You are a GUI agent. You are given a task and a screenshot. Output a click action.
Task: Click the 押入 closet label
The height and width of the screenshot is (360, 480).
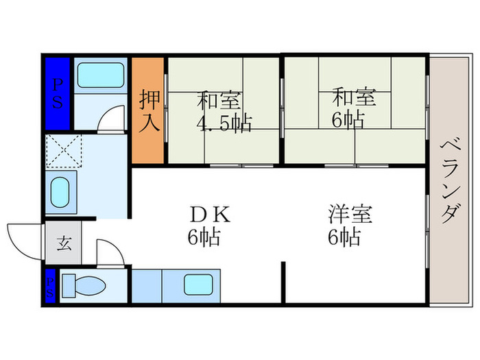tap(152, 111)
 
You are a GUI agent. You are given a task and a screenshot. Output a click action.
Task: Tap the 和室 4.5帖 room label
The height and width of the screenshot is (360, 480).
tap(224, 112)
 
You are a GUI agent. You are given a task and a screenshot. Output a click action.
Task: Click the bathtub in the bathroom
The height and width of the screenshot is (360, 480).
tap(99, 75)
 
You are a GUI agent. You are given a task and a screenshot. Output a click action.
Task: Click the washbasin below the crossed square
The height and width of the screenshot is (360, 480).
tap(60, 193)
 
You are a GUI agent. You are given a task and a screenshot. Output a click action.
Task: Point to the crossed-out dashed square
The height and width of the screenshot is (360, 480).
tap(63, 150)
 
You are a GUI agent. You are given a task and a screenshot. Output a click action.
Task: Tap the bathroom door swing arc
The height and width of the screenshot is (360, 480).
tap(111, 121)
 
